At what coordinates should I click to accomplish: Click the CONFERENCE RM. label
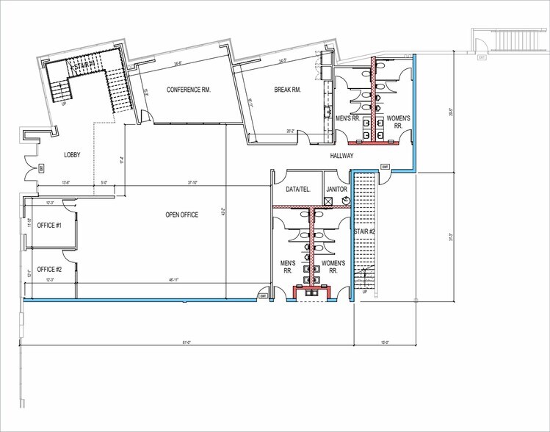189,90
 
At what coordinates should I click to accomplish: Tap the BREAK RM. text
288,90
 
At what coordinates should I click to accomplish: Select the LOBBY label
72,154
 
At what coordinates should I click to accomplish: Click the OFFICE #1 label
49,225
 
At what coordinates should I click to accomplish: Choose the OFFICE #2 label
49,270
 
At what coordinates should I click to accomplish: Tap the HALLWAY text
342,156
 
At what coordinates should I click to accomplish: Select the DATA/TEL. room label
298,189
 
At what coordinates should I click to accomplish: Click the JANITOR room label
337,189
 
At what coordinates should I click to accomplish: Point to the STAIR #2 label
365,232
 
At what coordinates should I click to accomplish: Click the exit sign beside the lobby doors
42,168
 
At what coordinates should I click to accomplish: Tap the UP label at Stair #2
364,292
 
